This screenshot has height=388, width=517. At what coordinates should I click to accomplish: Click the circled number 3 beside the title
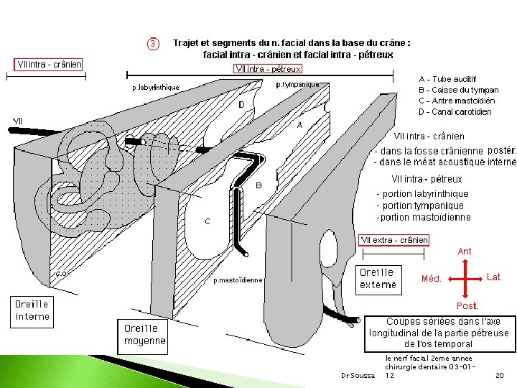click(x=153, y=45)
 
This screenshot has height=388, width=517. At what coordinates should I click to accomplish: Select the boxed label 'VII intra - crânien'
click(x=50, y=65)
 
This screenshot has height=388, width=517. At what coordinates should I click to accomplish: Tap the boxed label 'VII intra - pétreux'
click(x=268, y=69)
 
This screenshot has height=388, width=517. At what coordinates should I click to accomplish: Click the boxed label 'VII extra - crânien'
click(x=394, y=240)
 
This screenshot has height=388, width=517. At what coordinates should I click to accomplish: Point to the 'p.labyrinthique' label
click(x=156, y=88)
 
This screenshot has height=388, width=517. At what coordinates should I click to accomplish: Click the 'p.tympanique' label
click(x=298, y=84)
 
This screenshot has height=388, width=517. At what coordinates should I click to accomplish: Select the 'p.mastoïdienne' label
click(x=238, y=280)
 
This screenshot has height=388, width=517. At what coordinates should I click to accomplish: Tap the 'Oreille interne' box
click(x=33, y=310)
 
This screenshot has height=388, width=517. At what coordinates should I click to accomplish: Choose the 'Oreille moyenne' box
click(x=144, y=335)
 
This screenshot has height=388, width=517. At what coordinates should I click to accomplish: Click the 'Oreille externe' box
click(x=378, y=278)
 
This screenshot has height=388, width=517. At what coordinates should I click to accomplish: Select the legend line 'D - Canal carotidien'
click(x=455, y=111)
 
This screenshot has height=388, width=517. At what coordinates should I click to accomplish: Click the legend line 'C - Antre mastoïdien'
click(x=458, y=101)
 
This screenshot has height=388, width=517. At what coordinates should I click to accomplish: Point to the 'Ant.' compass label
click(x=465, y=251)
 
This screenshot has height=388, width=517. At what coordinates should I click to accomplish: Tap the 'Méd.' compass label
click(x=431, y=279)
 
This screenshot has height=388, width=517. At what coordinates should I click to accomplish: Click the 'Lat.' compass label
click(x=494, y=277)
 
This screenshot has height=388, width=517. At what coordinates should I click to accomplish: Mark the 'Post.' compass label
click(x=467, y=306)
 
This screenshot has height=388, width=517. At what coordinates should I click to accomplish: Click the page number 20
click(x=499, y=376)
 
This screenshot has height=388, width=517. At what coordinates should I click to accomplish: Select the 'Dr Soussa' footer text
click(x=358, y=376)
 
